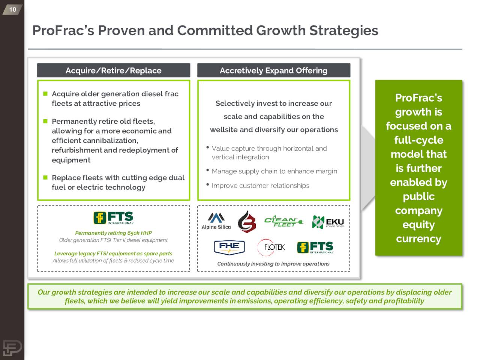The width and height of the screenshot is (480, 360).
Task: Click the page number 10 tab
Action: pyautogui.click(x=12, y=9)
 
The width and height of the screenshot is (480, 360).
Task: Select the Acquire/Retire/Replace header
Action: pyautogui.click(x=113, y=70)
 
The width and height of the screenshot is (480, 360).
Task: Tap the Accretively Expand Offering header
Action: pyautogui.click(x=273, y=70)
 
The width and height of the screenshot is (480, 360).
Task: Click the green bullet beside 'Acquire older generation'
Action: pyautogui.click(x=45, y=93)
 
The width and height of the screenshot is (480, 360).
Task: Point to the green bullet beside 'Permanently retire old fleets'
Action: pyautogui.click(x=45, y=121)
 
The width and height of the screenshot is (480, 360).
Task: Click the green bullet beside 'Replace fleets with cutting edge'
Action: pyautogui.click(x=45, y=177)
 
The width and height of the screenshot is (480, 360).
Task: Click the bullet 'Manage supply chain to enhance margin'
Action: pyautogui.click(x=274, y=171)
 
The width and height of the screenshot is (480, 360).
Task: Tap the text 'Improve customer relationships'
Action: pyautogui.click(x=260, y=186)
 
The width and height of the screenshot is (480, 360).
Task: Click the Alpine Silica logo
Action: pyautogui.click(x=216, y=221)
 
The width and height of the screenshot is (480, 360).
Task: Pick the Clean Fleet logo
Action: pyautogui.click(x=283, y=222)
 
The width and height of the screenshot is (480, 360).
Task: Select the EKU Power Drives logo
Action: pyautogui.click(x=328, y=222)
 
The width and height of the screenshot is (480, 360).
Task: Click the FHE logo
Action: pyautogui.click(x=229, y=247)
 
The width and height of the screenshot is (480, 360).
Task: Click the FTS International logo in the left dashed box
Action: pyautogui.click(x=113, y=218)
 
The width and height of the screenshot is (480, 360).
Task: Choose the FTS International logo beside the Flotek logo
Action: pyautogui.click(x=315, y=247)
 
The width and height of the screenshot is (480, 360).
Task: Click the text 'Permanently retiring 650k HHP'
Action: pyautogui.click(x=113, y=233)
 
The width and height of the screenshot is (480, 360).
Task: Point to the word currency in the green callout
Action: pyautogui.click(x=418, y=239)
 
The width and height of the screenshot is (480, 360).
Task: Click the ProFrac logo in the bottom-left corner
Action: pyautogui.click(x=12, y=348)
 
